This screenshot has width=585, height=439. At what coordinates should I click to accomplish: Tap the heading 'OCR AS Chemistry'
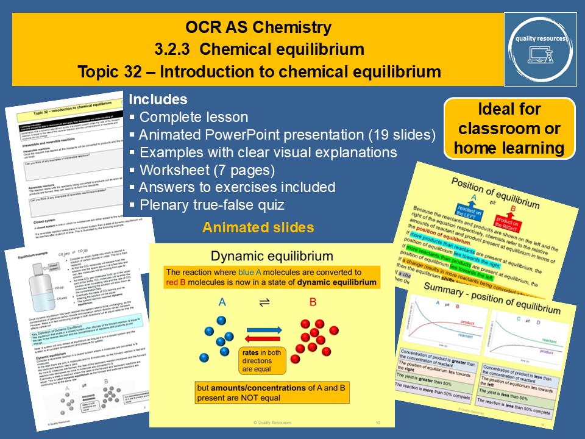pos(259,27)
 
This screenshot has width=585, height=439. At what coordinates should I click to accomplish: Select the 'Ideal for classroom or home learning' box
pos(509,129)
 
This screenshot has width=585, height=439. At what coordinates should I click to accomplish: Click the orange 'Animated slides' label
pos(258,227)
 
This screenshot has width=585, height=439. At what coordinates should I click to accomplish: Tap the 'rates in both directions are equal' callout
pos(263,362)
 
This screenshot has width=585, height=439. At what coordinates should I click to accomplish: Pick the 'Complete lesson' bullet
pos(193,117)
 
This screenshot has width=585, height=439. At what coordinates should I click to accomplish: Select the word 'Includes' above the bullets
pos(158,99)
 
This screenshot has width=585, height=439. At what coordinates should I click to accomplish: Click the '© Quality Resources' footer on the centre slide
pos(272,422)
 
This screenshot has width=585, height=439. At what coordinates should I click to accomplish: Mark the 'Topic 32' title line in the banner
pos(259,71)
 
